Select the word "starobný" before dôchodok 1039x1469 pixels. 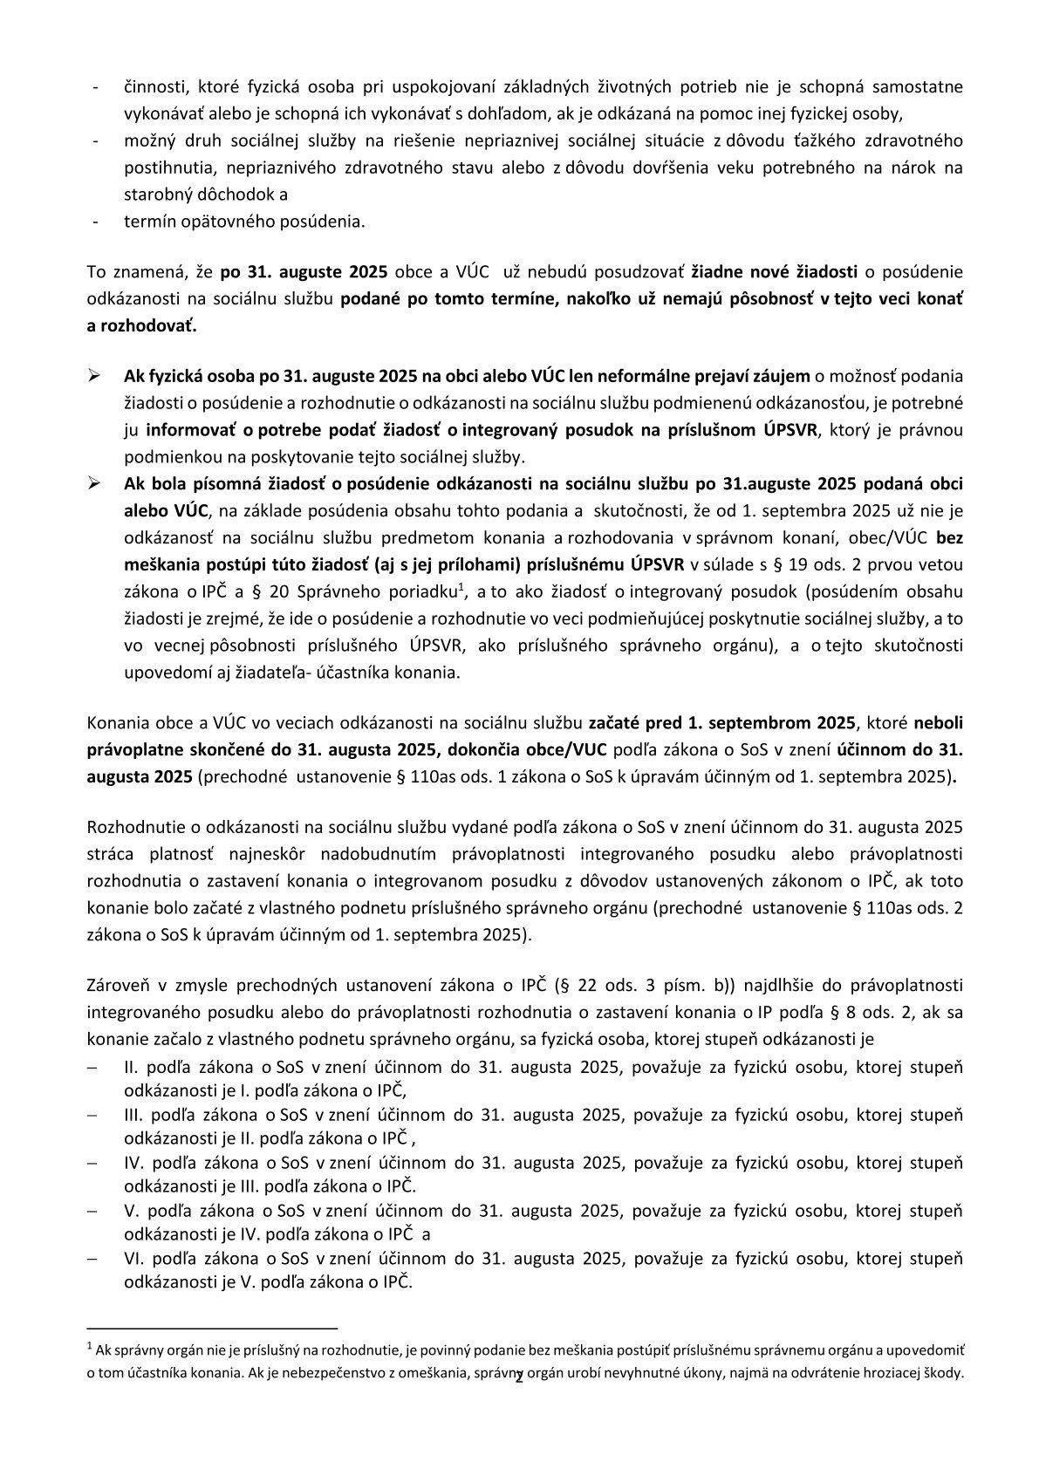tap(155, 195)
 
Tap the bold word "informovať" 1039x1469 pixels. tap(183, 430)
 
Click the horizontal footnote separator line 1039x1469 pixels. tap(217, 1324)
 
